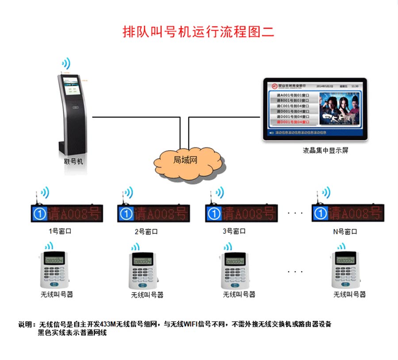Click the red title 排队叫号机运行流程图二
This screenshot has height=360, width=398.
pos(199,32)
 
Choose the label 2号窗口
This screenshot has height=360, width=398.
pos(146,231)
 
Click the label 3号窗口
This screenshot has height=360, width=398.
pos(233,231)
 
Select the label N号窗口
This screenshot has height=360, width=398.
pos(345,231)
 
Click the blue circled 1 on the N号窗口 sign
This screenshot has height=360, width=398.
pos(320,214)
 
